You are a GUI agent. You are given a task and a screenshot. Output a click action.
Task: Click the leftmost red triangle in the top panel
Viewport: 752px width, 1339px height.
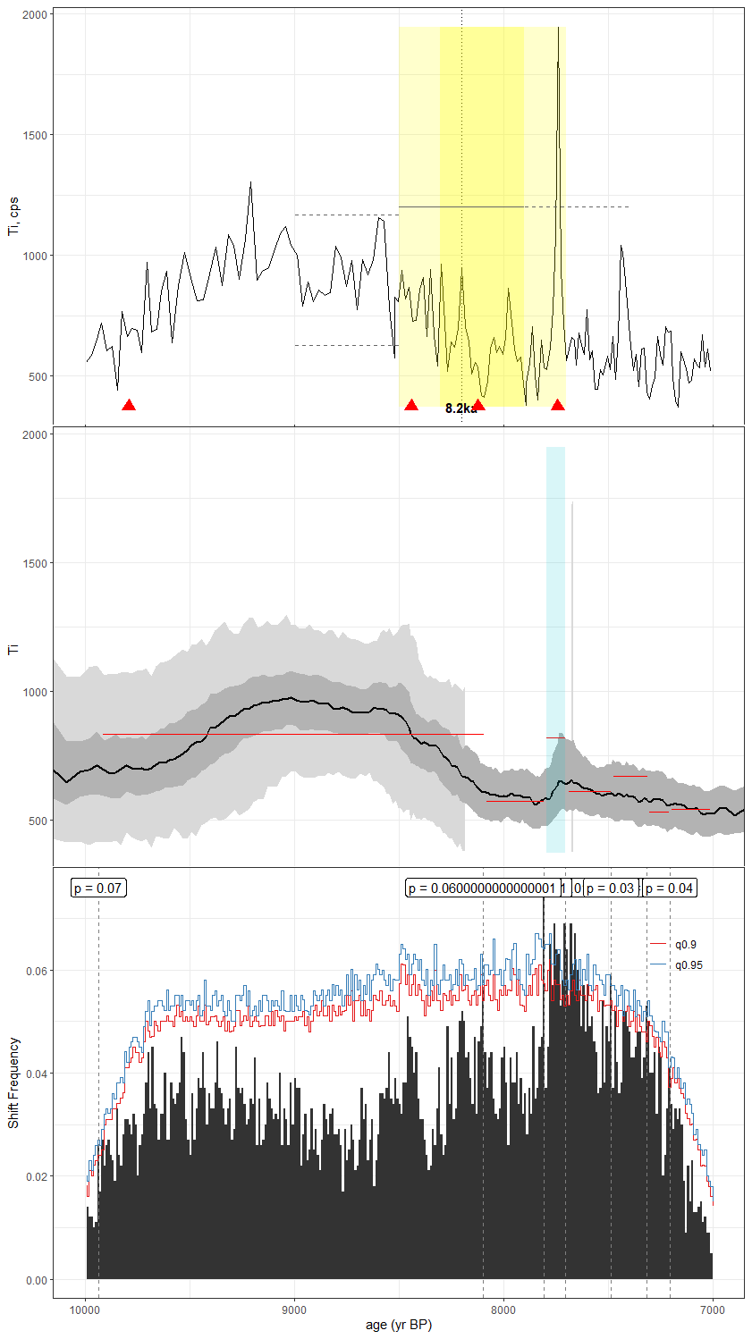pyautogui.click(x=129, y=405)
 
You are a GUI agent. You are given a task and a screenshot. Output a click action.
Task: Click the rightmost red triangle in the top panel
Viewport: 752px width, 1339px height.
pyautogui.click(x=558, y=405)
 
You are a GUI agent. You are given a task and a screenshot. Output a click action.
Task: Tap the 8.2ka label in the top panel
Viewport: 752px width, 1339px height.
pyautogui.click(x=460, y=408)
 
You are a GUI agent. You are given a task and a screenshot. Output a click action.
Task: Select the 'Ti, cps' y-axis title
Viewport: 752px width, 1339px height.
pyautogui.click(x=13, y=216)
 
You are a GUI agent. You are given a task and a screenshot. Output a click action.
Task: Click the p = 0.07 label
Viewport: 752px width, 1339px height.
pyautogui.click(x=98, y=888)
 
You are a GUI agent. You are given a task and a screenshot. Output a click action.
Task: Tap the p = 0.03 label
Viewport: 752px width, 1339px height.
pyautogui.click(x=611, y=888)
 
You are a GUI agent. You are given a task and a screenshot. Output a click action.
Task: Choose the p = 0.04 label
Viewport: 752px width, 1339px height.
pyautogui.click(x=670, y=888)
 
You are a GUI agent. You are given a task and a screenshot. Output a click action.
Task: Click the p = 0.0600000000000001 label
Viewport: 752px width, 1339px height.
pyautogui.click(x=482, y=888)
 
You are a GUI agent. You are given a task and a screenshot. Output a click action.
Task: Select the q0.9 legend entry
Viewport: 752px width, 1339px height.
pyautogui.click(x=686, y=945)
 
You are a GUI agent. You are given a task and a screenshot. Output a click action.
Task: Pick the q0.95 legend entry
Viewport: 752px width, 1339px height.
pyautogui.click(x=689, y=965)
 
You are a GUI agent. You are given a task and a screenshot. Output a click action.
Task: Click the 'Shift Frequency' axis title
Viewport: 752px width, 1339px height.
pyautogui.click(x=13, y=1082)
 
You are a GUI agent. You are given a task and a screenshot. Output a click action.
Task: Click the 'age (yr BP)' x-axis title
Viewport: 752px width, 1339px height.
pyautogui.click(x=399, y=1325)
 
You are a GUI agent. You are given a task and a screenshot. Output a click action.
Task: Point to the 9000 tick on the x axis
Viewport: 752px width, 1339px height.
pyautogui.click(x=294, y=1310)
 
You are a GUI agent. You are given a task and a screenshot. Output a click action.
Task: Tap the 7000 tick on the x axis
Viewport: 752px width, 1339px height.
pyautogui.click(x=713, y=1310)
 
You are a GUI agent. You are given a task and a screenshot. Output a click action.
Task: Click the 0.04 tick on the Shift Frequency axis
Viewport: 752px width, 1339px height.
pyautogui.click(x=36, y=1074)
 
